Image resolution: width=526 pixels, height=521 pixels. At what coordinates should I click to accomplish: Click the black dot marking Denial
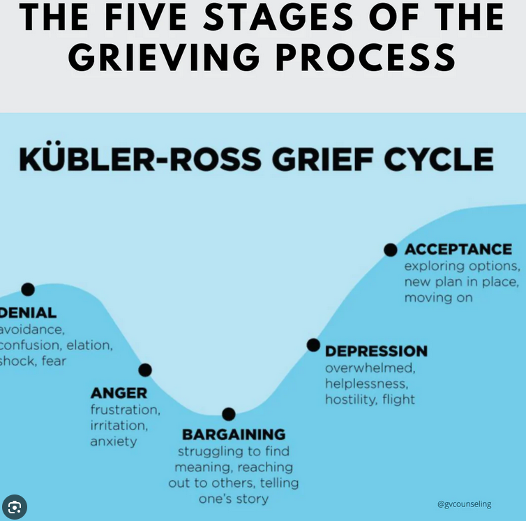28,289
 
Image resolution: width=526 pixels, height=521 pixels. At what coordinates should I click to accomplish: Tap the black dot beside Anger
145,370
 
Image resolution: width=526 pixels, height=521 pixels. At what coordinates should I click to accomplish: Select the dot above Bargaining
229,414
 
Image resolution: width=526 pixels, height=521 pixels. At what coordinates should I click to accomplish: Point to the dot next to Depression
313,345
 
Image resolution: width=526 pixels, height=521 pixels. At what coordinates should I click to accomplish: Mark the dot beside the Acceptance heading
391,249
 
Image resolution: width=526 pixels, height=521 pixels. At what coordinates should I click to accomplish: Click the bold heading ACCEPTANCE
458,249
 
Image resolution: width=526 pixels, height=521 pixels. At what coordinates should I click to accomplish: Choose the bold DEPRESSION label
376,351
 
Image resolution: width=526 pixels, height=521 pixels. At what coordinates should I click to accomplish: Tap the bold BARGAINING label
234,435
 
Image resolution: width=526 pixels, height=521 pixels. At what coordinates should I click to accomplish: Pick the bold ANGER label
119,393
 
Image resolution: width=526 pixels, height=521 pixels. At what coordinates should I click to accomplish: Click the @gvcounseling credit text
464,504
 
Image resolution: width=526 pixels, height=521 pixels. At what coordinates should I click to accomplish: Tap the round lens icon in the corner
15,507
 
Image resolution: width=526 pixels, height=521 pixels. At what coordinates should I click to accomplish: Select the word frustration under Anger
125,409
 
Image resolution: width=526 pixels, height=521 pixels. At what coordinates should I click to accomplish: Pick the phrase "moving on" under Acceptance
438,298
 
